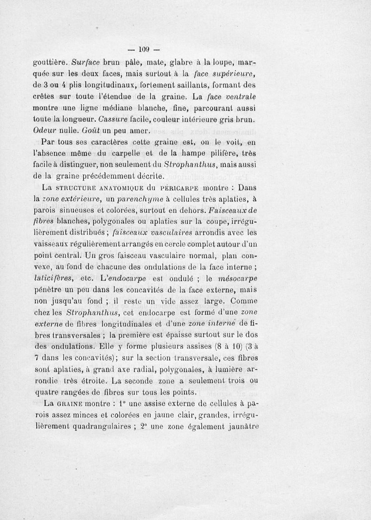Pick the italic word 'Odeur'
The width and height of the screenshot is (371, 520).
tap(45, 130)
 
